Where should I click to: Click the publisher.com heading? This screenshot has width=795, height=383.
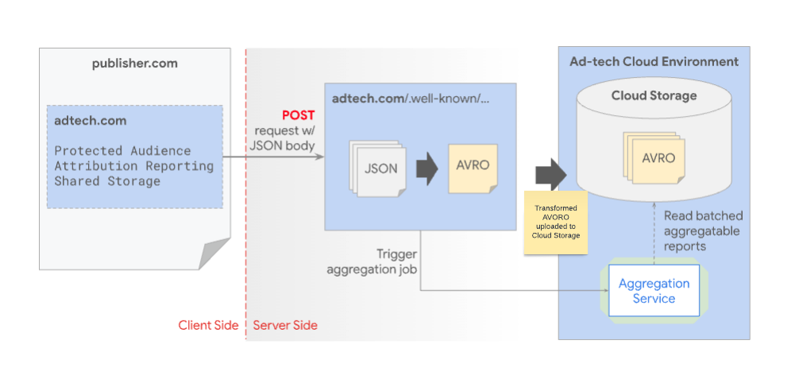pyautogui.click(x=134, y=64)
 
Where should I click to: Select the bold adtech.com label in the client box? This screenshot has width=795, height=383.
pyautogui.click(x=90, y=121)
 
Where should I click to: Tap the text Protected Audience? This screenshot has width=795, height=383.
pyautogui.click(x=122, y=150)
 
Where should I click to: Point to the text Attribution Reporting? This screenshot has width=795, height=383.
pyautogui.click(x=133, y=166)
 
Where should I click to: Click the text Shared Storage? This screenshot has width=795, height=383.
pyautogui.click(x=107, y=181)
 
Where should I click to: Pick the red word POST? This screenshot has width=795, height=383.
pyautogui.click(x=298, y=115)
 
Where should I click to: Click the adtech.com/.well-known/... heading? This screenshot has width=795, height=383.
pyautogui.click(x=411, y=99)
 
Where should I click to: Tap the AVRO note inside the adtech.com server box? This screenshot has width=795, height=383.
pyautogui.click(x=473, y=167)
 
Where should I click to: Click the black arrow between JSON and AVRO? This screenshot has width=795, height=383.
pyautogui.click(x=427, y=168)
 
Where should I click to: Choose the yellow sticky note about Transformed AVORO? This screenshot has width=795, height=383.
pyautogui.click(x=555, y=222)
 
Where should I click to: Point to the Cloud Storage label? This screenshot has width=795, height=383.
pyautogui.click(x=654, y=96)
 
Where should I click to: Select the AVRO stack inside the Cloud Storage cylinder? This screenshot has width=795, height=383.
pyautogui.click(x=656, y=157)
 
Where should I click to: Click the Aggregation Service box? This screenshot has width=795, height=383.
pyautogui.click(x=654, y=291)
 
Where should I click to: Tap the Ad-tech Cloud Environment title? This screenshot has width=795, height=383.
pyautogui.click(x=654, y=62)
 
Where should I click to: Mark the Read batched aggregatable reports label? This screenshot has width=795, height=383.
pyautogui.click(x=701, y=230)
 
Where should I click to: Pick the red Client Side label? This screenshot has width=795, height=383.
pyautogui.click(x=208, y=325)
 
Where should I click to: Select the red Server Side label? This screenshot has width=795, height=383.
pyautogui.click(x=285, y=325)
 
